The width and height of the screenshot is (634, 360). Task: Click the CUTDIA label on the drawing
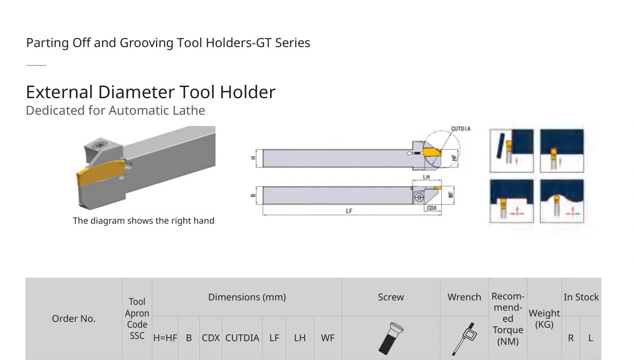click(461, 129)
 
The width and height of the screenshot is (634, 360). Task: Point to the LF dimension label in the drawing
click(349, 211)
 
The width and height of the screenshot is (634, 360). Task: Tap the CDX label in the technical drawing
click(431, 208)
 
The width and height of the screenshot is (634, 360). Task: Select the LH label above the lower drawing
click(426, 177)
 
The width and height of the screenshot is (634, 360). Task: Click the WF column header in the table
click(328, 338)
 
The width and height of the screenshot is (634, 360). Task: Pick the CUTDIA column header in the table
click(242, 338)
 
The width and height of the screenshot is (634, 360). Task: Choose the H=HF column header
click(165, 338)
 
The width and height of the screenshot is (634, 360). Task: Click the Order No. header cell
click(73, 319)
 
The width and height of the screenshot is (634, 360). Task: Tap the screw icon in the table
click(391, 338)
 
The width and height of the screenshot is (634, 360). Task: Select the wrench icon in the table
click(464, 339)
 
